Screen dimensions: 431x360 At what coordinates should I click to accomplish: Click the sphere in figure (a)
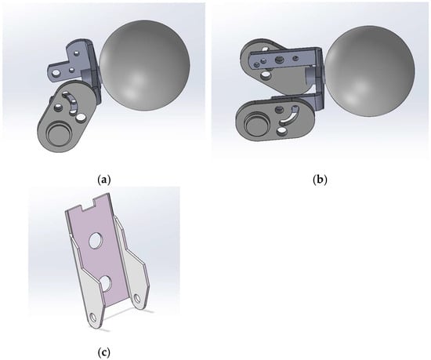(x=145, y=65)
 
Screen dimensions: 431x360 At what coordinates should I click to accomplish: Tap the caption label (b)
(x=321, y=180)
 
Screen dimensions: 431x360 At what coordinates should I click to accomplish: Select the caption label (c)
(x=104, y=352)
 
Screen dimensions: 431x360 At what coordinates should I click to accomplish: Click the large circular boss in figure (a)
(x=58, y=133)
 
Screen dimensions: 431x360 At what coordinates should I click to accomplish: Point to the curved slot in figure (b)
(x=288, y=117)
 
